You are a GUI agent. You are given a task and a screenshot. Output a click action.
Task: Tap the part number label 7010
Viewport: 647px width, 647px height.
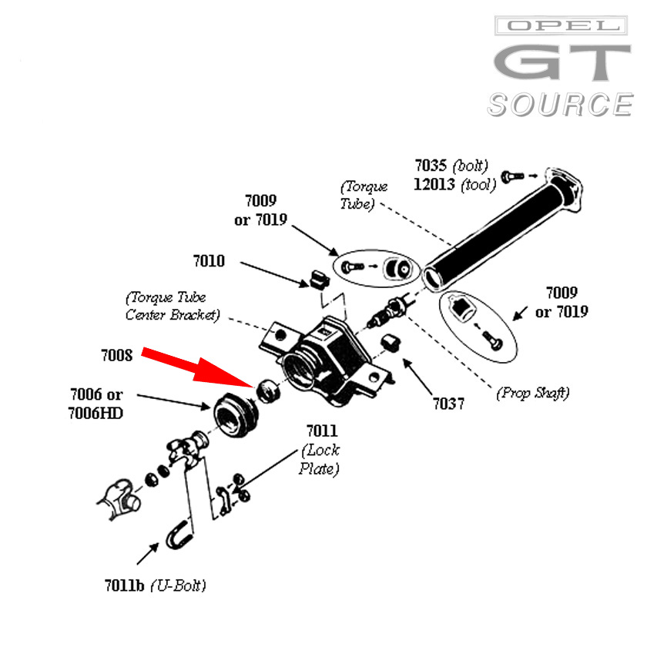[x=209, y=261]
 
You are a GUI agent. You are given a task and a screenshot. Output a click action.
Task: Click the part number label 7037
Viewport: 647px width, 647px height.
[x=448, y=403]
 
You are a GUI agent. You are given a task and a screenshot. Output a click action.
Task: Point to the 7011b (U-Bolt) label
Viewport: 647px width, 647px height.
[x=156, y=585]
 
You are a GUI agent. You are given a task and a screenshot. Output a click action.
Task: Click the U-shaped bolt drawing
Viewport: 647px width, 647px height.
[x=177, y=535]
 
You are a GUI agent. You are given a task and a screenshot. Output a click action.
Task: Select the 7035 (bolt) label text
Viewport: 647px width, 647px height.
[x=451, y=166]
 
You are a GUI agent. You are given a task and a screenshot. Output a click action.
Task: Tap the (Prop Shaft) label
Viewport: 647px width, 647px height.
[x=533, y=393]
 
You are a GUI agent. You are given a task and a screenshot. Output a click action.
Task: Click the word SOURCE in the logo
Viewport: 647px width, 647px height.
[x=559, y=104]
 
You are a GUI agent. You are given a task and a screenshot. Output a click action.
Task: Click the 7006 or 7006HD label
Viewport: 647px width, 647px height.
[x=96, y=404]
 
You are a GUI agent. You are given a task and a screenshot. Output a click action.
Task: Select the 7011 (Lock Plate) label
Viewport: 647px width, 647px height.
[x=320, y=450]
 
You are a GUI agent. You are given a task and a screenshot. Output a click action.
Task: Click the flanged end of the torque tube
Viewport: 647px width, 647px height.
[x=568, y=189]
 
